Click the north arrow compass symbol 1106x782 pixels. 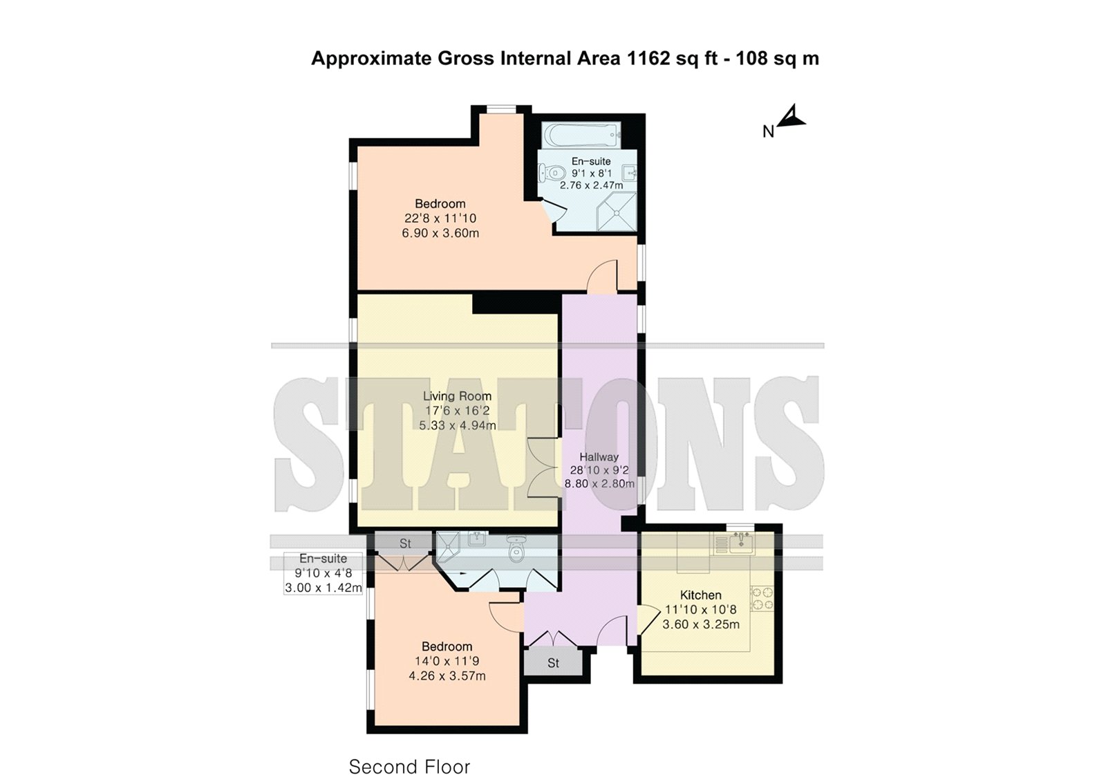pyautogui.click(x=792, y=118)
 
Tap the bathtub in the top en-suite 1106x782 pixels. pyautogui.click(x=581, y=134)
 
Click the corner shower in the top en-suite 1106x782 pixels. pyautogui.click(x=616, y=212)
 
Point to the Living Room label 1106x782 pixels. pyautogui.click(x=457, y=395)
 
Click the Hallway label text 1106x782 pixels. pyautogui.click(x=599, y=457)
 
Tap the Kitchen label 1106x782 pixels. pyautogui.click(x=701, y=595)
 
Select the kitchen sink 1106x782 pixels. pyautogui.click(x=739, y=543)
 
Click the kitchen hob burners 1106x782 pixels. pyautogui.click(x=762, y=598)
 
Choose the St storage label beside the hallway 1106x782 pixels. pyautogui.click(x=553, y=663)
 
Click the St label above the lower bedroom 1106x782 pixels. pyautogui.click(x=405, y=543)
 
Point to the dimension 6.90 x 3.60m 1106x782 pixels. pyautogui.click(x=440, y=233)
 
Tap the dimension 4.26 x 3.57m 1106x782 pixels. pyautogui.click(x=447, y=676)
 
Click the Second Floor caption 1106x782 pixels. pyautogui.click(x=409, y=767)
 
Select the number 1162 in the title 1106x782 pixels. pyautogui.click(x=647, y=58)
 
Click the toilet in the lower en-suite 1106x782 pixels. pyautogui.click(x=516, y=548)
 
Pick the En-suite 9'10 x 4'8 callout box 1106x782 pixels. pyautogui.click(x=323, y=573)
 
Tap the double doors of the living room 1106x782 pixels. pyautogui.click(x=543, y=468)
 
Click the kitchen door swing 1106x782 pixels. pyautogui.click(x=648, y=620)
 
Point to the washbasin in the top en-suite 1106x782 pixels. pyautogui.click(x=629, y=172)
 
